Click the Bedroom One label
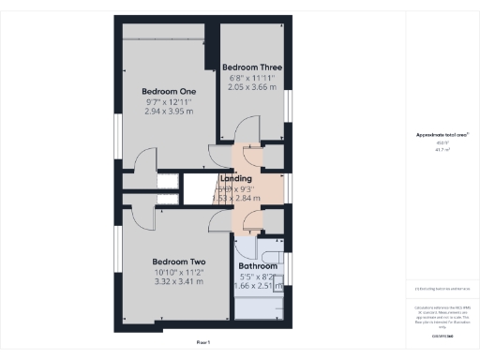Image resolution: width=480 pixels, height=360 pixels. [156, 90]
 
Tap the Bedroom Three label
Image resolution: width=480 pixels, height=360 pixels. [251, 67]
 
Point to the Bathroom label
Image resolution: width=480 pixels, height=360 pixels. [258, 266]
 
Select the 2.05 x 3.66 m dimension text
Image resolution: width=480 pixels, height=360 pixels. [250, 86]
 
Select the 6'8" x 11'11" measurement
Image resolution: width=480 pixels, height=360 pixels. [251, 77]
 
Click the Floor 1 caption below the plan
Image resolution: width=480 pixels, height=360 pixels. [203, 343]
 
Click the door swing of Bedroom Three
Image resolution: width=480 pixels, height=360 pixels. [246, 128]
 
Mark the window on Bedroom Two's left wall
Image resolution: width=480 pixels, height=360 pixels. [116, 252]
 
